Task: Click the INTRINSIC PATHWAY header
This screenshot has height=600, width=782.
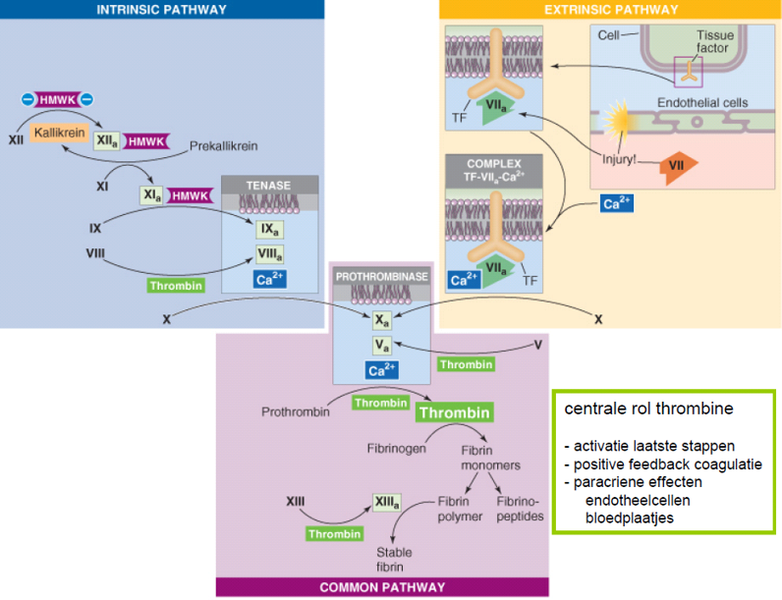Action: click(x=162, y=10)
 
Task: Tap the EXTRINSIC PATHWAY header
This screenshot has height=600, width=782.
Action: click(x=610, y=10)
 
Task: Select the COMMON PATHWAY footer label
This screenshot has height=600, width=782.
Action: click(x=382, y=587)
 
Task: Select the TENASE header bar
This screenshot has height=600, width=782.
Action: click(x=269, y=185)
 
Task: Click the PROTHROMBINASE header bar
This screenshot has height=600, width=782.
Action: click(x=381, y=277)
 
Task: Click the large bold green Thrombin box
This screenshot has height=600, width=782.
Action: click(x=454, y=412)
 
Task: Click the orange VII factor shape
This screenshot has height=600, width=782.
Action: click(x=677, y=165)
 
